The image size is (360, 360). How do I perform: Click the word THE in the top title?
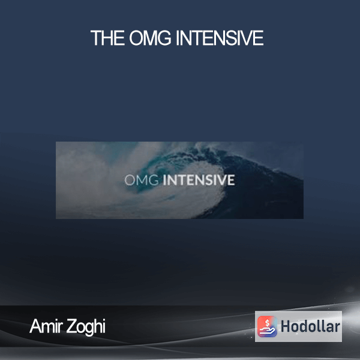(107, 38)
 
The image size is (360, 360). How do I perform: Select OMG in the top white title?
(150, 38)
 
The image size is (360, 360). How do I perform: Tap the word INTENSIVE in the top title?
(220, 38)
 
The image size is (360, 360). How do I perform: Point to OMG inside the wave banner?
(142, 180)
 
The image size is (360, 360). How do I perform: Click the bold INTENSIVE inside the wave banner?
(199, 180)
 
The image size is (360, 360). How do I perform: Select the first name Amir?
(46, 326)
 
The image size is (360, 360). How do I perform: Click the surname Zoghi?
(86, 327)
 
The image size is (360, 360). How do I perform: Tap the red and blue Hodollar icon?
(267, 326)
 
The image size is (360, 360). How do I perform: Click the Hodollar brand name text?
(310, 326)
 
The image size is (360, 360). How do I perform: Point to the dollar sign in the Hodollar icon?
(267, 323)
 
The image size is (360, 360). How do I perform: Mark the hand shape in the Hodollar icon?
(267, 331)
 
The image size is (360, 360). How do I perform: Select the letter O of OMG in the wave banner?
(129, 180)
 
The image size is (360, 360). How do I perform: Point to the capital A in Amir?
(35, 326)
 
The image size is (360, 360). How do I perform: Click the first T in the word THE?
(95, 38)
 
